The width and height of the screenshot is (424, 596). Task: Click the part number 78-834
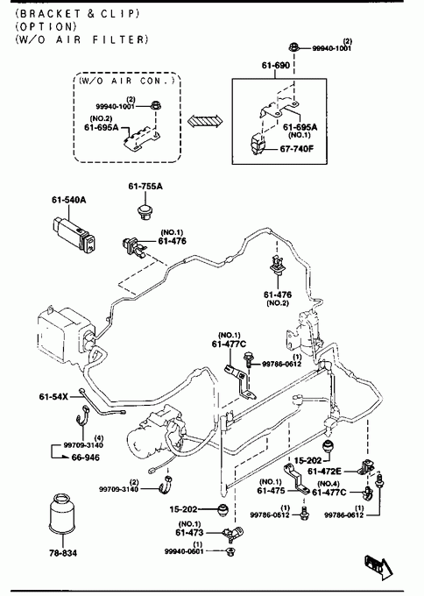coord(63,553)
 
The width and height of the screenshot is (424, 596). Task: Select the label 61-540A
coord(68,199)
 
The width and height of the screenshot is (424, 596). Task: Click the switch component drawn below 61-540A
coord(74,233)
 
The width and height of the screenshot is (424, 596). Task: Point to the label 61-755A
coord(145,186)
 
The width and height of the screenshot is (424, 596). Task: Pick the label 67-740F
coord(297,148)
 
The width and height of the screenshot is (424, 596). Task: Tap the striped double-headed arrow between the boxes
coord(206,121)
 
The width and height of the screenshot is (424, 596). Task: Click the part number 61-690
coord(275,65)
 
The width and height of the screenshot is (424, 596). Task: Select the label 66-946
coord(86,458)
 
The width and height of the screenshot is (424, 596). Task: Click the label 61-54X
coord(53,396)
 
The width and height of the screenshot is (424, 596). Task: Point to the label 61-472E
coord(324,472)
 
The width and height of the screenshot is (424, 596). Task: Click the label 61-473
coord(189,533)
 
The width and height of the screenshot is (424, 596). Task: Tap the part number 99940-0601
coord(184,551)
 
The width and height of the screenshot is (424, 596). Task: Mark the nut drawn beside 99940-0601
coord(230,551)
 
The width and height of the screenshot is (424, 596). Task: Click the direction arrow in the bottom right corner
coord(378,567)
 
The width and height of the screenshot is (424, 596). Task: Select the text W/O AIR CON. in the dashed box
coord(127,81)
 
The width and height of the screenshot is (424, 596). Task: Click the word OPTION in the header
coord(46,26)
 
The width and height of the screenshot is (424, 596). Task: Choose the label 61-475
coord(271,490)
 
